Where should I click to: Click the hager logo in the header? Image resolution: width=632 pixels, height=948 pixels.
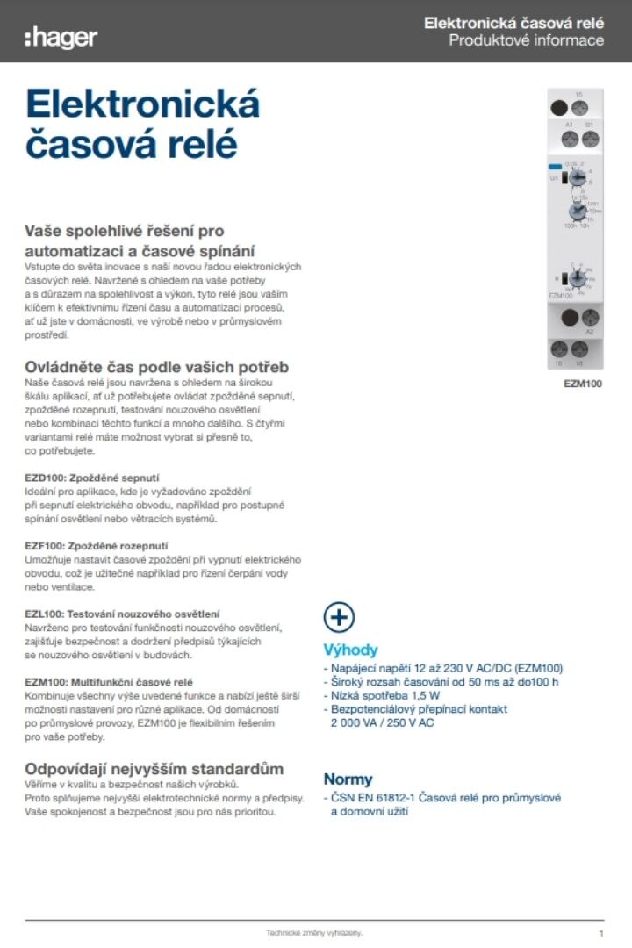click(61, 37)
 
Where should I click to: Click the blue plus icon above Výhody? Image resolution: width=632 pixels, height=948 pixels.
click(339, 617)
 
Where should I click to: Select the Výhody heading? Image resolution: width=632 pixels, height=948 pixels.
click(350, 650)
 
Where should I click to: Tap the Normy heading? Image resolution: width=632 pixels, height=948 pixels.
click(348, 779)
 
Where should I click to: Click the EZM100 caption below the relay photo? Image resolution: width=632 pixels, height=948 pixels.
click(583, 384)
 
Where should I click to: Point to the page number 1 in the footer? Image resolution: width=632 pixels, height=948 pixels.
click(601, 933)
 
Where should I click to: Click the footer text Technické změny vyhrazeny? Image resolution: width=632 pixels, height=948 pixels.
click(314, 933)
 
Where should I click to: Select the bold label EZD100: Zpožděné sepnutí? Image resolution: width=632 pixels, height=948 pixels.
click(80, 478)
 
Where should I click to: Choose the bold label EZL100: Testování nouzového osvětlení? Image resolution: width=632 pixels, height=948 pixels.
click(122, 614)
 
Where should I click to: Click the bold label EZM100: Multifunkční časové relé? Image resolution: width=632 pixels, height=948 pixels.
click(116, 681)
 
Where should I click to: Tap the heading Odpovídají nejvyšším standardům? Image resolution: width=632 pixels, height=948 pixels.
click(154, 769)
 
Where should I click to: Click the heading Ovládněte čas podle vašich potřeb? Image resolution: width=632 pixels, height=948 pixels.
click(156, 367)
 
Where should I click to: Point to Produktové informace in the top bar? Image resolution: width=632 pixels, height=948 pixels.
click(526, 40)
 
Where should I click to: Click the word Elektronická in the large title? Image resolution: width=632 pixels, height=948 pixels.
click(143, 104)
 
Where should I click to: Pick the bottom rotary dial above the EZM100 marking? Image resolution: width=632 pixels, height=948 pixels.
click(576, 280)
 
